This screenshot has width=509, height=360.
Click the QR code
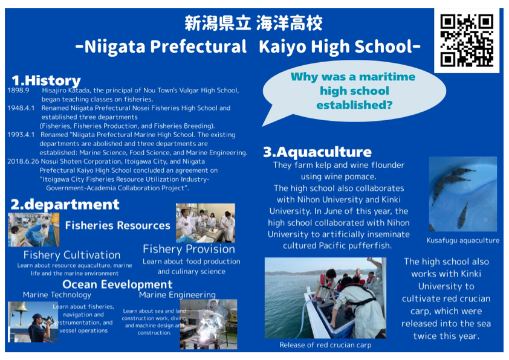pyautogui.click(x=467, y=40)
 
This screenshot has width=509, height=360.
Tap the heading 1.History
pyautogui.click(x=46, y=80)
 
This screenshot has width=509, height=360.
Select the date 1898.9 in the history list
pyautogui.click(x=18, y=90)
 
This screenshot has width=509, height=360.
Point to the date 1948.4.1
pyautogui.click(x=21, y=108)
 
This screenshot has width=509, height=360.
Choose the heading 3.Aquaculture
pyautogui.click(x=317, y=152)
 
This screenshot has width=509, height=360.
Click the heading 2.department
pyautogui.click(x=65, y=205)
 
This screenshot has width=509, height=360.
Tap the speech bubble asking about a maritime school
pyautogui.click(x=354, y=93)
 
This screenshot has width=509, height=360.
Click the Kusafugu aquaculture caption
pyautogui.click(x=463, y=240)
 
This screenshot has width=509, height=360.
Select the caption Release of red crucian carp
pyautogui.click(x=325, y=345)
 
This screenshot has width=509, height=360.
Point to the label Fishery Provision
pyautogui.click(x=189, y=249)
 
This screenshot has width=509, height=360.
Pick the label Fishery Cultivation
pyautogui.click(x=72, y=255)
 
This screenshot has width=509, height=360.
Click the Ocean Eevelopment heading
pyautogui.click(x=117, y=284)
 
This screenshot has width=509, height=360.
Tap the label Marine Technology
pyautogui.click(x=57, y=295)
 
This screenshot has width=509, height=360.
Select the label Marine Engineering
pyautogui.click(x=177, y=295)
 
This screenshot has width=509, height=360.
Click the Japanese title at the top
pyautogui.click(x=253, y=23)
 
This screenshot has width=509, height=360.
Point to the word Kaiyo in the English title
pyautogui.click(x=282, y=47)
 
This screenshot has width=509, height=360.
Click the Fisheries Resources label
pyautogui.click(x=117, y=225)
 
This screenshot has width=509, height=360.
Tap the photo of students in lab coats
pyautogui.click(x=206, y=223)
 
